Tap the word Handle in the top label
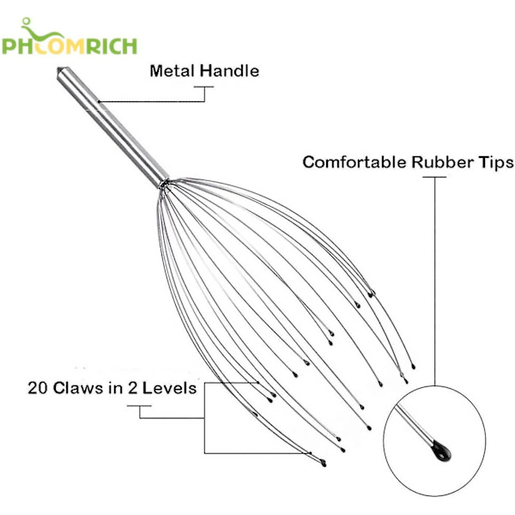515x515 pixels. (x=229, y=70)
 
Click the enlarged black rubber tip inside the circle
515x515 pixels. (x=441, y=448)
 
